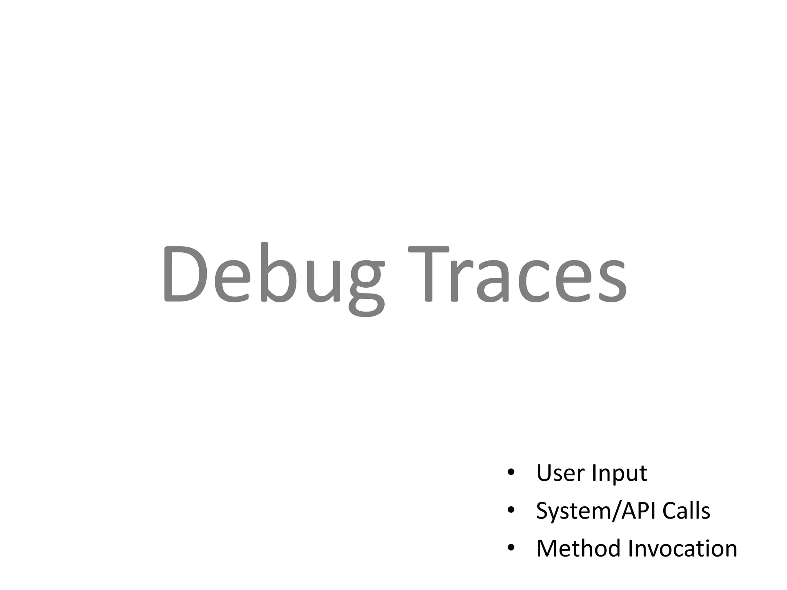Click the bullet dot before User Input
click(x=511, y=473)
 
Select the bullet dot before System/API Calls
click(x=511, y=511)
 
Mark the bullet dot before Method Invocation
click(x=511, y=548)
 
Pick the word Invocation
click(x=682, y=548)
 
